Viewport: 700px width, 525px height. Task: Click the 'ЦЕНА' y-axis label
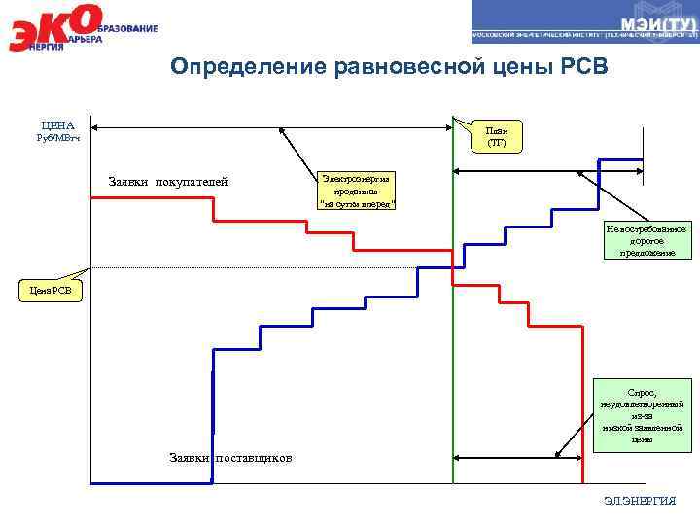click(x=57, y=125)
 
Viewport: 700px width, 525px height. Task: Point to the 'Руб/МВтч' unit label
click(x=57, y=138)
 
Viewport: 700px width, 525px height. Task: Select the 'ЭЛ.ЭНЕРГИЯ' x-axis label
click(x=639, y=500)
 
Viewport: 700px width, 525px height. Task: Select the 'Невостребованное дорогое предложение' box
click(x=646, y=241)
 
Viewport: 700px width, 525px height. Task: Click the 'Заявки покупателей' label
click(x=167, y=182)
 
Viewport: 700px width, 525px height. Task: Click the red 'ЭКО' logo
click(x=53, y=27)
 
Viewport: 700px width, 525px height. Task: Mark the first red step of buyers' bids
click(x=151, y=197)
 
